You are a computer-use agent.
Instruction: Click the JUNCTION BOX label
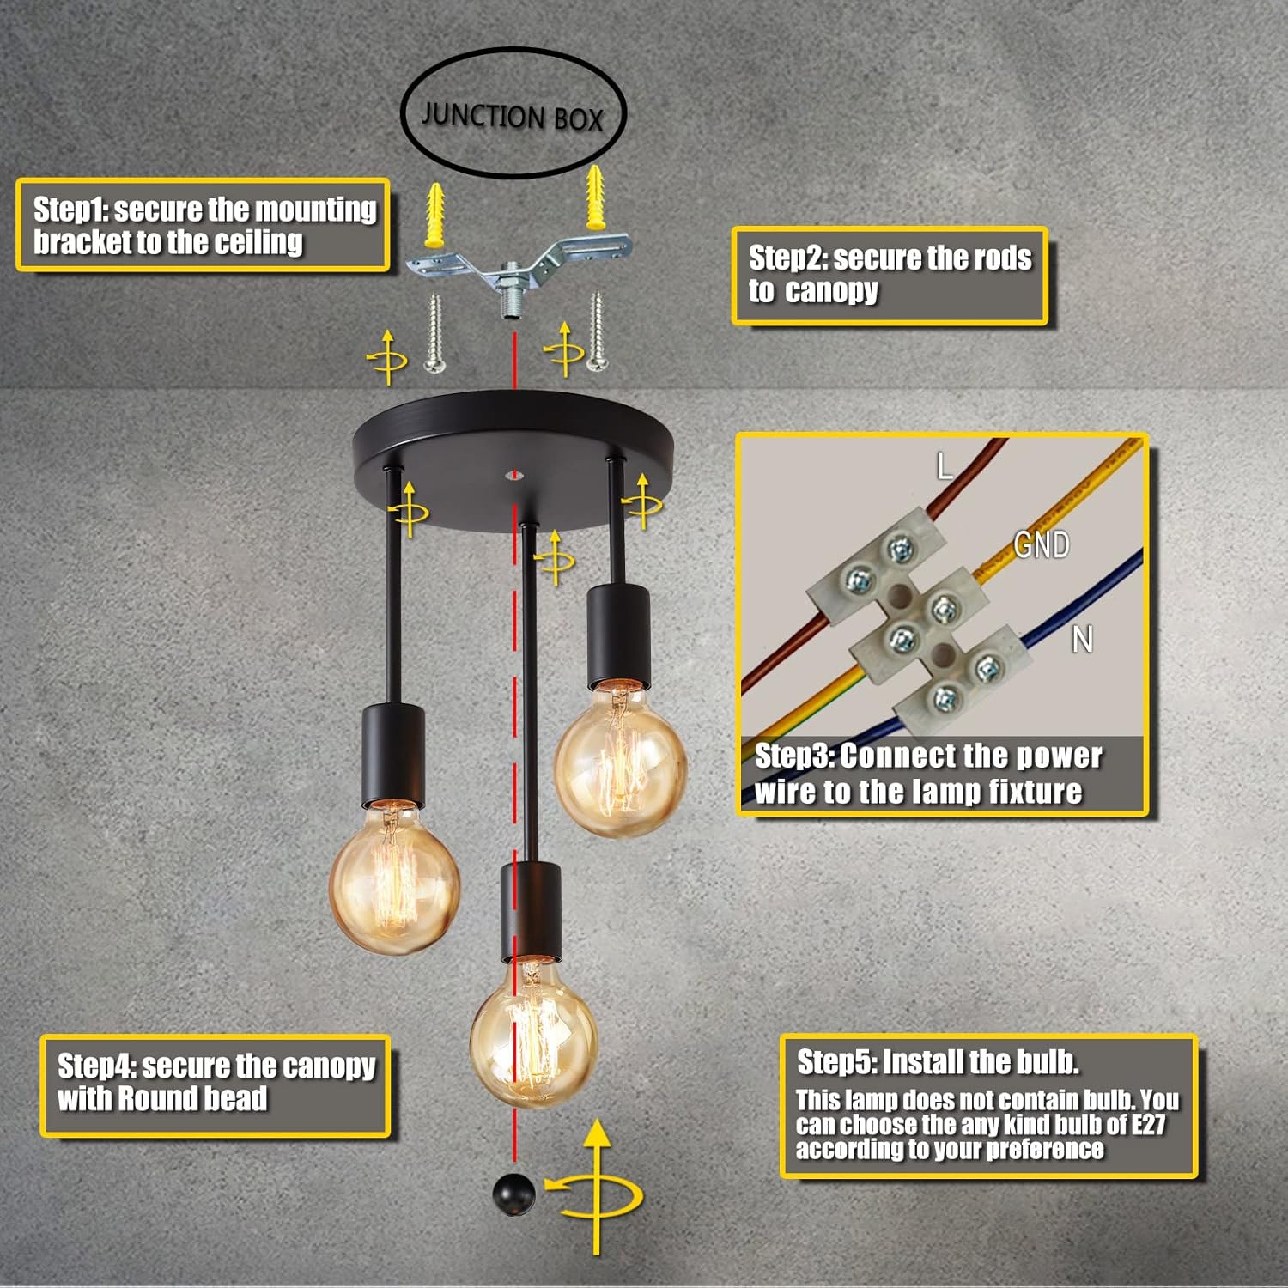point(513,116)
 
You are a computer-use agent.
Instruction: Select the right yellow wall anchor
point(595,197)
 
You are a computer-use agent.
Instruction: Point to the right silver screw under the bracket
point(596,331)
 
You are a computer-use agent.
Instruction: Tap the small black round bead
point(514,1194)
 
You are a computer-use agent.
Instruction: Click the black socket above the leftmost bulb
point(393,756)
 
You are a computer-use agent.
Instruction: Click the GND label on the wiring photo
point(1042,544)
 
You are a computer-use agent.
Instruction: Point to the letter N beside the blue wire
point(1083,639)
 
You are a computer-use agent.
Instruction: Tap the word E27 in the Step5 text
point(1148,1124)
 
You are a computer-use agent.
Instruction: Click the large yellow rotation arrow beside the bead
point(597,1189)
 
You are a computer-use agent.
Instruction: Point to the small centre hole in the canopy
point(514,473)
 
